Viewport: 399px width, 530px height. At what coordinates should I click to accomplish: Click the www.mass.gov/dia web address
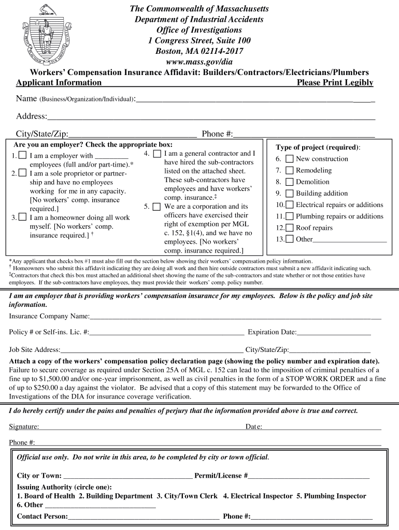coord(199,62)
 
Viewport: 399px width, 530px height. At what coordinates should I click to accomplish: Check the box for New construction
coord(289,159)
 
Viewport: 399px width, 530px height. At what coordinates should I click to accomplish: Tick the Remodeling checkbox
coord(289,170)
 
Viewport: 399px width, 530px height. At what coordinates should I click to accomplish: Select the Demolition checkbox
coord(289,182)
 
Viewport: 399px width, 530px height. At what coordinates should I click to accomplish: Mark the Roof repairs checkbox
coord(289,228)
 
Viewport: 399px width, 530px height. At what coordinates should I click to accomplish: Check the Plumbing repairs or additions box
coord(289,216)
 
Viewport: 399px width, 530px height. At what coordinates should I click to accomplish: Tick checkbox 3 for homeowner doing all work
coord(22,217)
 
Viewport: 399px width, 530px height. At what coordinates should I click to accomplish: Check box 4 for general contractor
coord(156,154)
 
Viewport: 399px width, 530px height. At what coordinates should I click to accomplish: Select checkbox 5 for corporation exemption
coord(156,207)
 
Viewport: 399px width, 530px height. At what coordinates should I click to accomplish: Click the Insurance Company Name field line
coord(235,317)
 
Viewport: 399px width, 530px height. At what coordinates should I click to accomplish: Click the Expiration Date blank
coord(334,333)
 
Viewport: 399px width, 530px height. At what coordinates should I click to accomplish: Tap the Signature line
coord(140,428)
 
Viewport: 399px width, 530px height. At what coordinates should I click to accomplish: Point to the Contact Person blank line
coord(143,517)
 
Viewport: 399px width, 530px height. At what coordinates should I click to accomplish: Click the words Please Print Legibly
coord(335,83)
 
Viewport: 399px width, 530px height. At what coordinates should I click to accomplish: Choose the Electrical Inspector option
coord(258,496)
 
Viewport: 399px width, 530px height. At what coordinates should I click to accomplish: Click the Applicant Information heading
coord(59,83)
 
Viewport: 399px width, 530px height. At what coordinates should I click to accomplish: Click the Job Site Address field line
coord(152,350)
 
